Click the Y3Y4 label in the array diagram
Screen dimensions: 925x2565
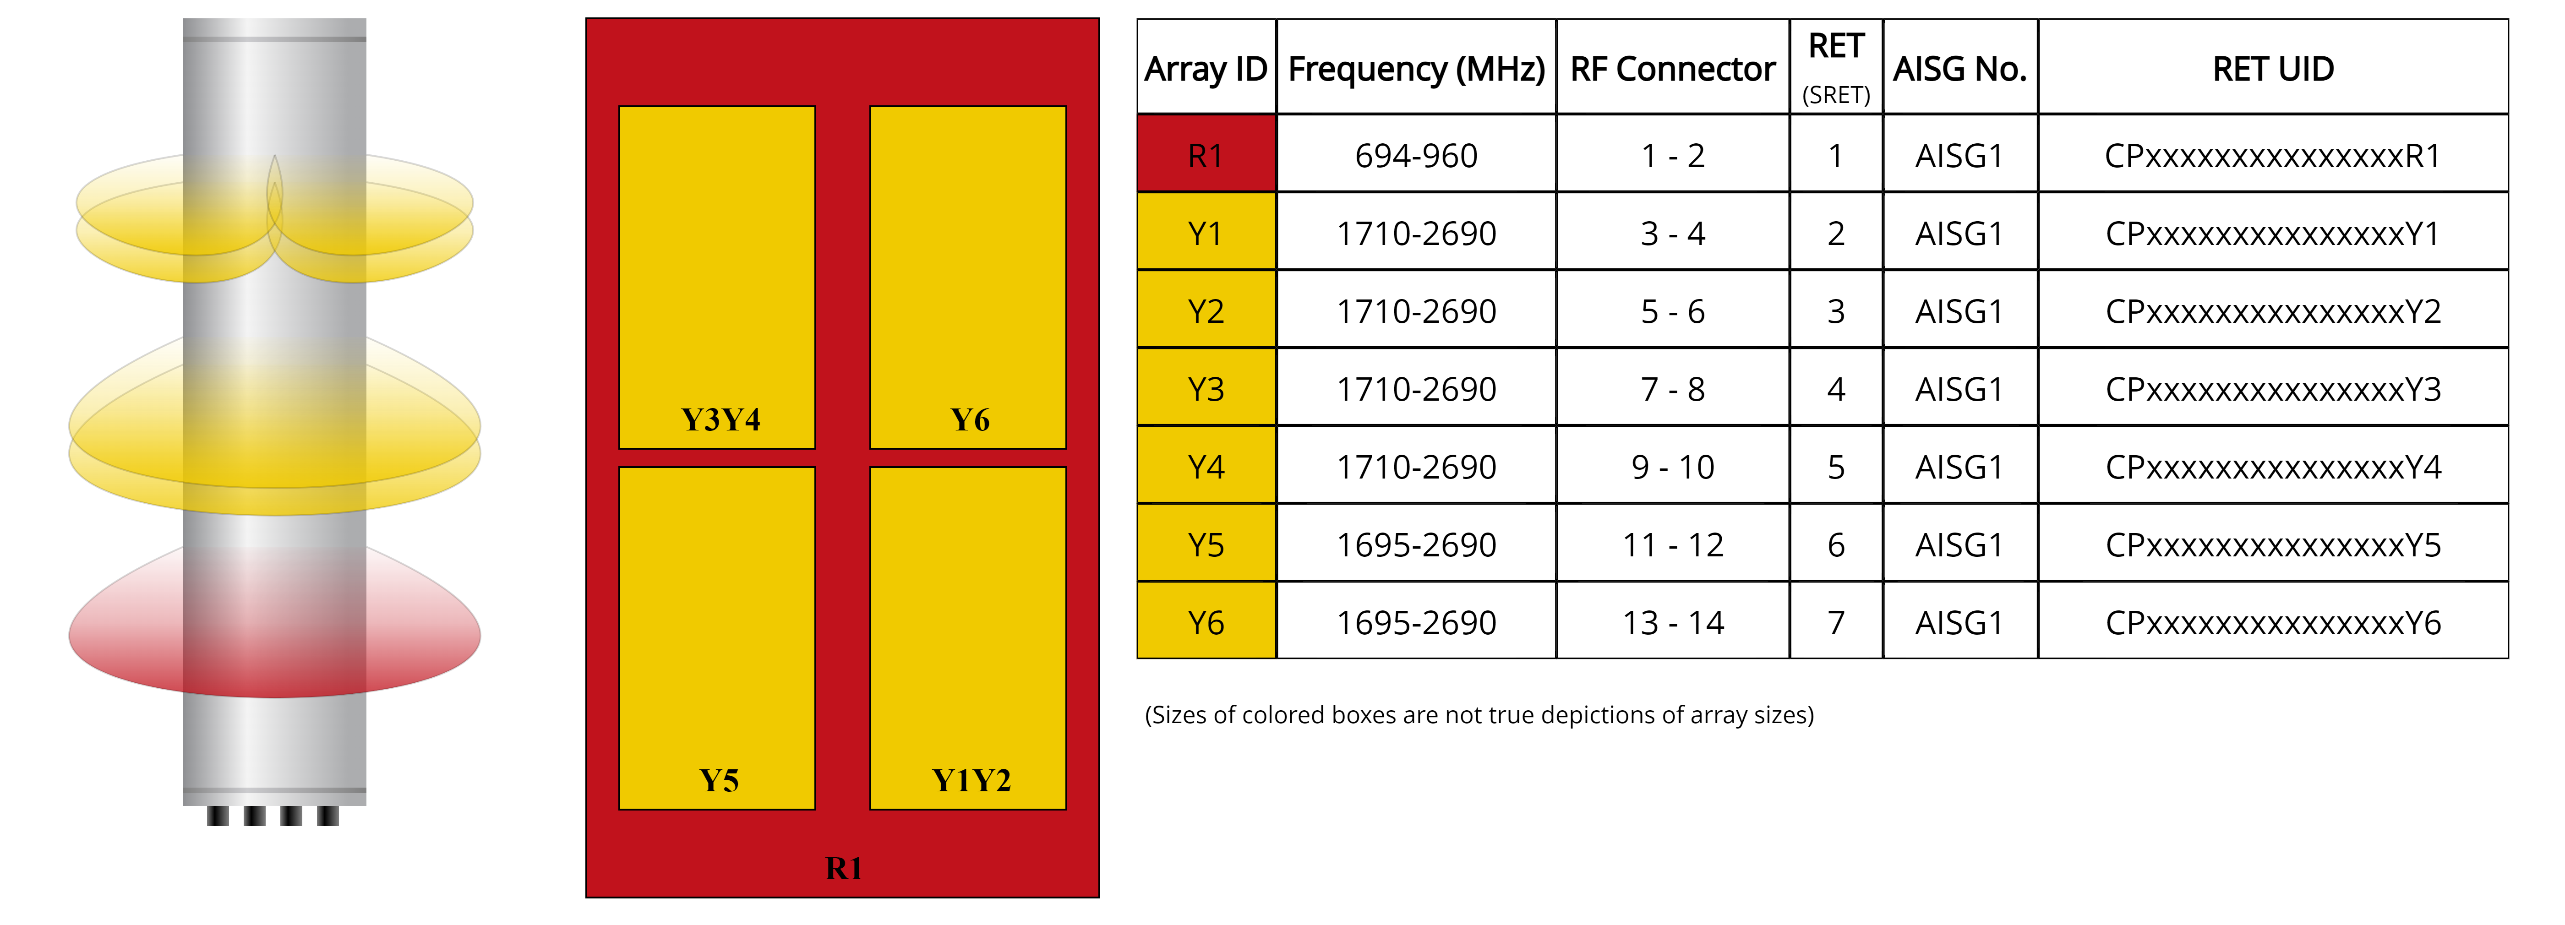tap(720, 419)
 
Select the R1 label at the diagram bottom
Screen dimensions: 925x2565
tap(843, 868)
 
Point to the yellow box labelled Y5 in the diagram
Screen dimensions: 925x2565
tap(717, 637)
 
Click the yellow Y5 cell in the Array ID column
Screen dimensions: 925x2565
tap(1206, 544)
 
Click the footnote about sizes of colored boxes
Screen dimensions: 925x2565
tap(1479, 715)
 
